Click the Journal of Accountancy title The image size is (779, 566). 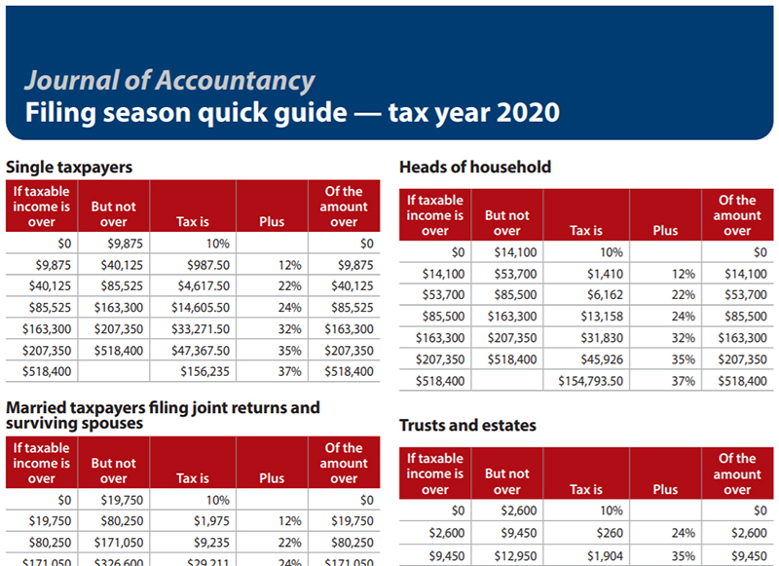click(x=169, y=81)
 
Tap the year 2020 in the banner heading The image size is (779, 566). click(x=528, y=112)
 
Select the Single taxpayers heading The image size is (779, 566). click(x=68, y=168)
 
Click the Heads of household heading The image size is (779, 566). click(x=475, y=167)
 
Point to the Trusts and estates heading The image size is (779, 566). click(x=467, y=426)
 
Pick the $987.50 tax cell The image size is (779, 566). click(x=208, y=265)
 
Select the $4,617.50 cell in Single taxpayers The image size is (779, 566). click(x=204, y=286)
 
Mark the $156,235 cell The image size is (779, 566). click(x=205, y=372)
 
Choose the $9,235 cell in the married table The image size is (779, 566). click(x=211, y=542)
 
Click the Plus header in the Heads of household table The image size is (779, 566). click(x=665, y=231)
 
